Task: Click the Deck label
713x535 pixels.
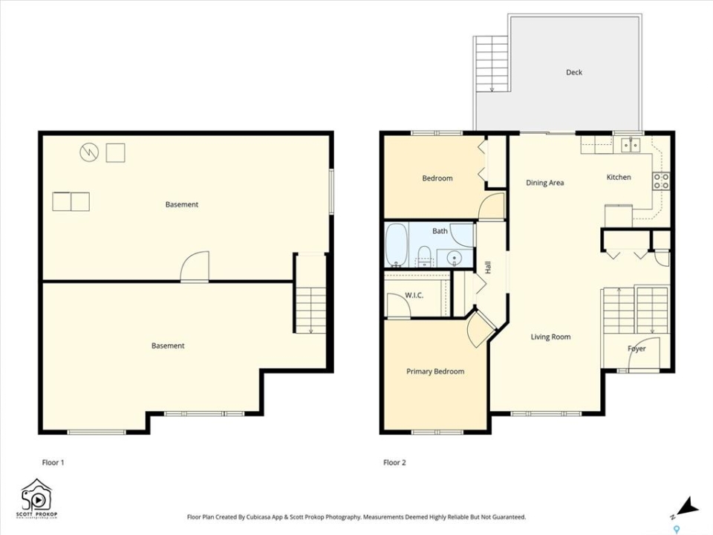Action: pyautogui.click(x=574, y=72)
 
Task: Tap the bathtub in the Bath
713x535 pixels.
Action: pyautogui.click(x=397, y=244)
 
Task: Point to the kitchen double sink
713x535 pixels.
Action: pyautogui.click(x=631, y=145)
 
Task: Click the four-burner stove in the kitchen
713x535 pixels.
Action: pyautogui.click(x=661, y=181)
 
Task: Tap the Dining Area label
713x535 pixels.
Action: pyautogui.click(x=544, y=183)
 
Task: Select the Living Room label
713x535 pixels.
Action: pyautogui.click(x=550, y=337)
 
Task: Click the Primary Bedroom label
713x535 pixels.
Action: pyautogui.click(x=435, y=372)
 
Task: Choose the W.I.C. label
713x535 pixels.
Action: pyautogui.click(x=414, y=296)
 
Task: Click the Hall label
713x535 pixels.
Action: pyautogui.click(x=488, y=267)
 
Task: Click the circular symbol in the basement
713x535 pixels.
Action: pyautogui.click(x=89, y=152)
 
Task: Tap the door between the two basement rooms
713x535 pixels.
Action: pyautogui.click(x=195, y=267)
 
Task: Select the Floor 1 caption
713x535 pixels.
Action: pyautogui.click(x=53, y=463)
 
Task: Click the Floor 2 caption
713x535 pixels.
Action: pyautogui.click(x=394, y=463)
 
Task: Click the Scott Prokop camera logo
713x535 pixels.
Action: pyautogui.click(x=37, y=498)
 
